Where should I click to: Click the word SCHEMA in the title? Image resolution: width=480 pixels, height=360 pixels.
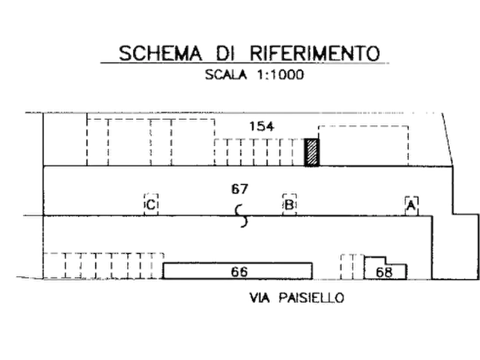(x=160, y=53)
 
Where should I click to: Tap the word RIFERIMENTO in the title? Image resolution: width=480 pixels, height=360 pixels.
(x=315, y=53)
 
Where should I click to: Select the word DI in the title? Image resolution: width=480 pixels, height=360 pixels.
(x=226, y=53)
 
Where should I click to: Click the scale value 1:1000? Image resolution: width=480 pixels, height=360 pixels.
(x=280, y=75)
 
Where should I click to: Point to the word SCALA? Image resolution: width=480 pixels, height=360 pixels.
(x=226, y=75)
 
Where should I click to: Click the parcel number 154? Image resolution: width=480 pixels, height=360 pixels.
(x=262, y=126)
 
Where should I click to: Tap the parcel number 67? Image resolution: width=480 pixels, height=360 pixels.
(x=239, y=189)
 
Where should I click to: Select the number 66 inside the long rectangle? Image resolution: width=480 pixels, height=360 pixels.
(x=239, y=272)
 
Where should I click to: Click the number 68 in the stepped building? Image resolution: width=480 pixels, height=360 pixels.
(x=384, y=272)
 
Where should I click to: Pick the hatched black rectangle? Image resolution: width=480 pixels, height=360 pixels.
(x=312, y=153)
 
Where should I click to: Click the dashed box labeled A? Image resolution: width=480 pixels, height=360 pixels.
(x=411, y=206)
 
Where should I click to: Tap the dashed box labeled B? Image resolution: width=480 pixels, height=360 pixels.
(x=289, y=204)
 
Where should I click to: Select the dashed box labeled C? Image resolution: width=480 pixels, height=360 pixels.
(x=151, y=204)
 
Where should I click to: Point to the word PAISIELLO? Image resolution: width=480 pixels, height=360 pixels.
(x=312, y=298)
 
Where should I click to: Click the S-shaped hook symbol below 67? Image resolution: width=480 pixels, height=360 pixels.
(x=242, y=216)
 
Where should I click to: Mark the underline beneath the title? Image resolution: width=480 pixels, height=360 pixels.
(x=245, y=63)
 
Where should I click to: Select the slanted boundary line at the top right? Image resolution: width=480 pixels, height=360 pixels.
(x=448, y=140)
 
